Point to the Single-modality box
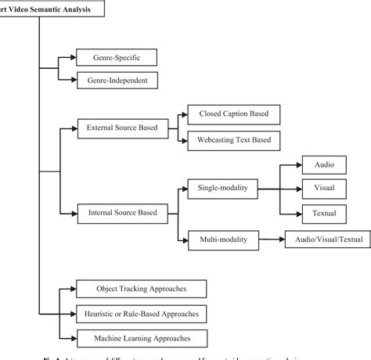[x=222, y=188]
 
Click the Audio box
[x=325, y=166]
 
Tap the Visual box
[x=325, y=189]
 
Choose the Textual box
[x=325, y=213]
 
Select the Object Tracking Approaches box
[x=141, y=289]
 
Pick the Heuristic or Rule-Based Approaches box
[x=141, y=314]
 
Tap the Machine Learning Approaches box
[x=141, y=338]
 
